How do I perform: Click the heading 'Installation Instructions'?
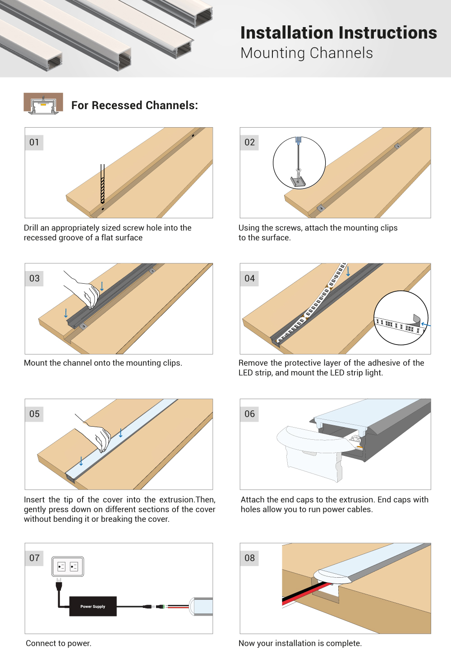(338, 33)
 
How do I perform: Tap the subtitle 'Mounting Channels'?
(307, 53)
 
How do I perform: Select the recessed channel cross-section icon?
(43, 104)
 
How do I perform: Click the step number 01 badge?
(34, 143)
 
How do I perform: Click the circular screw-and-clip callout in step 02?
(299, 163)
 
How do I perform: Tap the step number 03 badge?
(34, 278)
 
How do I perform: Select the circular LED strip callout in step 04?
(400, 318)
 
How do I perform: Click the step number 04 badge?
(249, 278)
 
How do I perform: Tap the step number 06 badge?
(249, 414)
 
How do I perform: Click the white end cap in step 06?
(311, 451)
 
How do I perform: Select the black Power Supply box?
(93, 606)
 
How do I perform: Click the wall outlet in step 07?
(68, 566)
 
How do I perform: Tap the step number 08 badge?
(249, 558)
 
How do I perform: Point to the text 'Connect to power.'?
(59, 643)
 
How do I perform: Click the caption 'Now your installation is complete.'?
(300, 643)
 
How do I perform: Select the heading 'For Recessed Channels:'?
(134, 106)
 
